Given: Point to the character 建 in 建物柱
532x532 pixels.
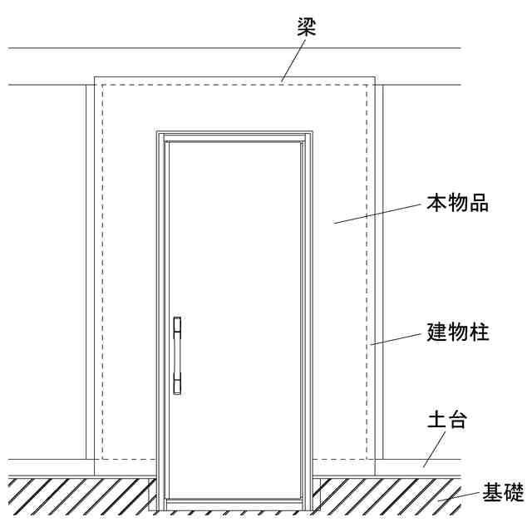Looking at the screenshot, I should (437, 332).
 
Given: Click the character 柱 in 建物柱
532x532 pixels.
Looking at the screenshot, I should (478, 332).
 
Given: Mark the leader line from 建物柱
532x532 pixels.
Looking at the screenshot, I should (397, 339).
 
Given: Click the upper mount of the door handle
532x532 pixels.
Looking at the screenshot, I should (177, 328).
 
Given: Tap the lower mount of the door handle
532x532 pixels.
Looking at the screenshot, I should (177, 384).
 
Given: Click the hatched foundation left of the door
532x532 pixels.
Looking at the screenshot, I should (75, 495).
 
